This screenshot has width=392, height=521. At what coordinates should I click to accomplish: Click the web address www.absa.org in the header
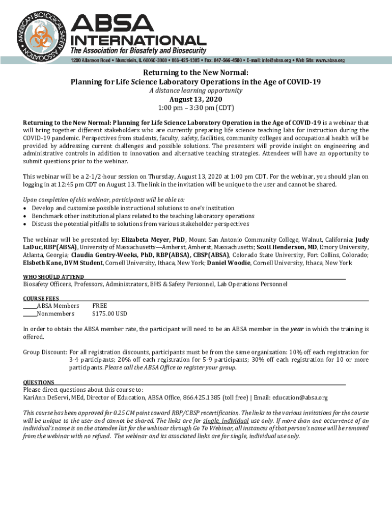click(x=329, y=60)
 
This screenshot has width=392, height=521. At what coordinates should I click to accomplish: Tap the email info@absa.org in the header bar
click(x=265, y=60)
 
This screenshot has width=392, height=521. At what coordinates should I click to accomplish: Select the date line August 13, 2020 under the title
click(x=196, y=99)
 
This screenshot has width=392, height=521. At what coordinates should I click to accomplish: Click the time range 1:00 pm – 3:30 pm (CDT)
click(x=196, y=107)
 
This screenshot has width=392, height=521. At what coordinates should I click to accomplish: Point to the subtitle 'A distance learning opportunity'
click(x=196, y=91)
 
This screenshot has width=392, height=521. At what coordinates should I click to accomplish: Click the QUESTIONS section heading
click(x=39, y=382)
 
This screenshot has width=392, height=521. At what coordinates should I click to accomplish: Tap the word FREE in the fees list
click(x=100, y=306)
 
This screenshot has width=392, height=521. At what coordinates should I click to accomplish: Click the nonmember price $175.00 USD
click(x=109, y=313)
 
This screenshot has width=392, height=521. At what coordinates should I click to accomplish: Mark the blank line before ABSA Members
click(x=30, y=307)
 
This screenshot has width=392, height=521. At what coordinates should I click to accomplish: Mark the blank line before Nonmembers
click(x=30, y=314)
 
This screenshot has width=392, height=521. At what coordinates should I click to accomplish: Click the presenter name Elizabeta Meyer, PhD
click(x=153, y=240)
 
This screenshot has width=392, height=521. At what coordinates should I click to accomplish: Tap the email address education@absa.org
click(x=300, y=398)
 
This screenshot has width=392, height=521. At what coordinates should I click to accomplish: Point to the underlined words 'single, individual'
click(x=226, y=421)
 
